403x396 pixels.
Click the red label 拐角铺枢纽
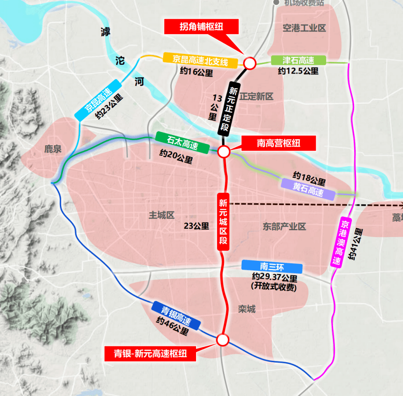pos(201,26)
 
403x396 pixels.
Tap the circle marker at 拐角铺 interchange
pos(249,63)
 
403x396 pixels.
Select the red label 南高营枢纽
pos(278,143)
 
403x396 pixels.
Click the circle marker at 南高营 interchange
pos(223,152)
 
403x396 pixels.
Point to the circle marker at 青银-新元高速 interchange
pos(223,340)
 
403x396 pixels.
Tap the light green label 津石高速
pos(298,60)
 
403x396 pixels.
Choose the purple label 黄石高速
pos(308,190)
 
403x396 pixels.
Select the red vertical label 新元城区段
pos(223,222)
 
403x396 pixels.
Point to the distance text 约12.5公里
pos(298,71)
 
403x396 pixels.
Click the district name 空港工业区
pos(304,28)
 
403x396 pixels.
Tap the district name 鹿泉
pos(53,149)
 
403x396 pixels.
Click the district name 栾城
pos(247,310)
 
